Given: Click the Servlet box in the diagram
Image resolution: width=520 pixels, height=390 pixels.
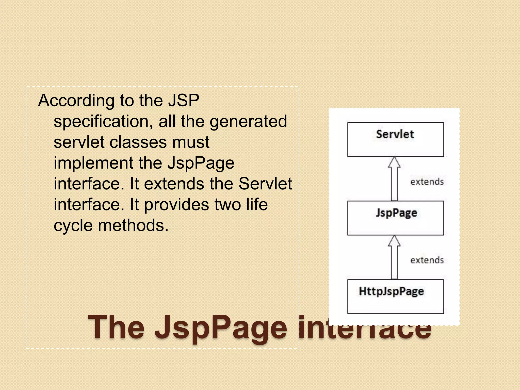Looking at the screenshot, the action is coord(395,139).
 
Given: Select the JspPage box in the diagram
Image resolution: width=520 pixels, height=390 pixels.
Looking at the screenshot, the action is coord(395,218).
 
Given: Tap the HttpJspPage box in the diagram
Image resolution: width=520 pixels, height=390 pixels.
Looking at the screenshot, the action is coord(395,296).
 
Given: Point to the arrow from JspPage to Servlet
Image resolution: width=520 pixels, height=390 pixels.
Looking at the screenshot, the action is coord(394,179).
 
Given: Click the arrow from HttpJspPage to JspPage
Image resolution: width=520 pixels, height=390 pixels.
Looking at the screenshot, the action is coord(394,257).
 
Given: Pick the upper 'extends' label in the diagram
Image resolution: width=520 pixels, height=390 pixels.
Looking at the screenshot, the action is coord(427,182).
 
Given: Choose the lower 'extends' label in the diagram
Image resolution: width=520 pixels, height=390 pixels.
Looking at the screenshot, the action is coord(427,260).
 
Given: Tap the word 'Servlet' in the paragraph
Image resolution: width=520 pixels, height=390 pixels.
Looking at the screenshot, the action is coord(265,184).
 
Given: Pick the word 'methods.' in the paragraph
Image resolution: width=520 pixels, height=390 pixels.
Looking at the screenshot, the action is coord(133,225).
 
